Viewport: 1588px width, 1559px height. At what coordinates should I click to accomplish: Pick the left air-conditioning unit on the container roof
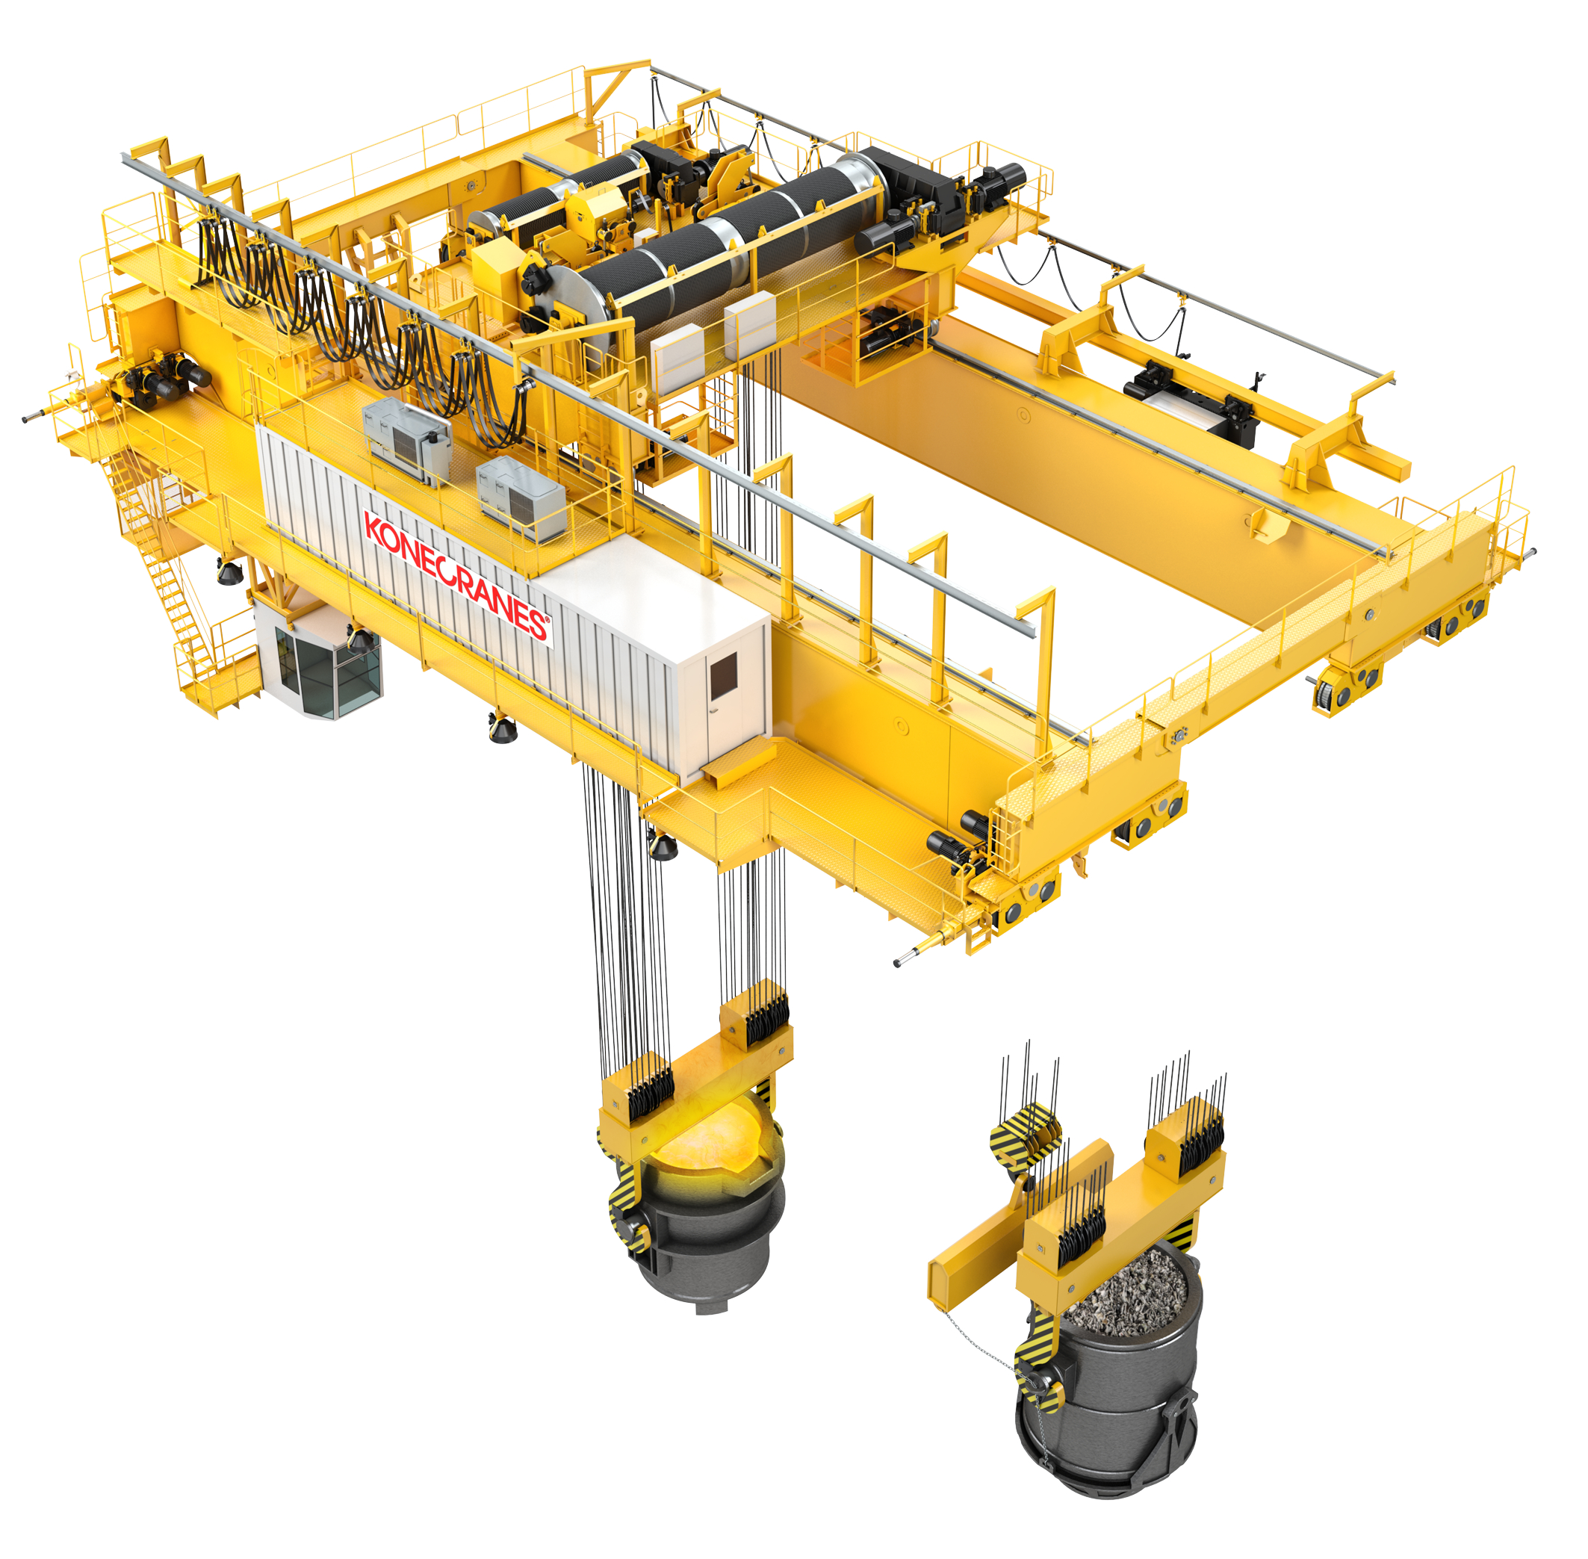point(406,440)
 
